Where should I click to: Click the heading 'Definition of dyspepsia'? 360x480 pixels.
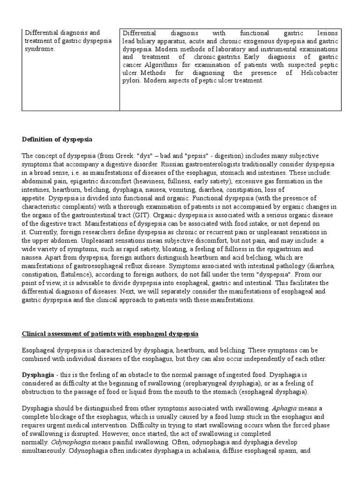tap(57, 140)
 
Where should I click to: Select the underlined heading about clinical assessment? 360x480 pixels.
tap(110, 334)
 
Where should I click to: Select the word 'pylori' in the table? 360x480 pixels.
tap(132, 81)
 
